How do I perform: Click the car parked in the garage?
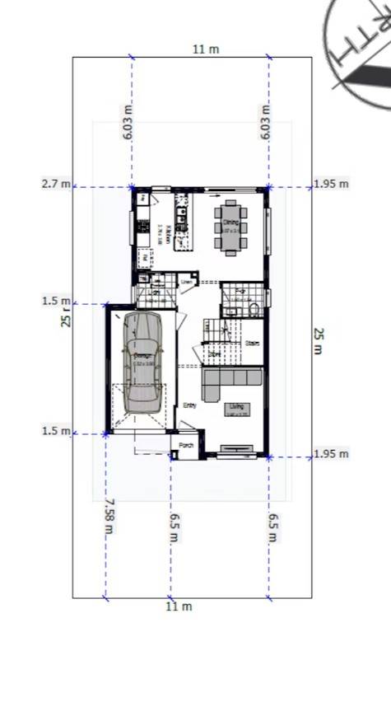pyautogui.click(x=143, y=363)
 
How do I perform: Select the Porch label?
pyautogui.click(x=186, y=445)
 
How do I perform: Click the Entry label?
pyautogui.click(x=190, y=405)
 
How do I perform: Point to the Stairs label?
pyautogui.click(x=252, y=344)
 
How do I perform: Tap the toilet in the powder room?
pyautogui.click(x=254, y=309)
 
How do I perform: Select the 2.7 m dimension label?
pyautogui.click(x=56, y=184)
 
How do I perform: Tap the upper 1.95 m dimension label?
pyautogui.click(x=331, y=184)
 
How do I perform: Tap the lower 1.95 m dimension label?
pyautogui.click(x=331, y=454)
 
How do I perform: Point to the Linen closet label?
pyautogui.click(x=188, y=283)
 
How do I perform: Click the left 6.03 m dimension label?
pyautogui.click(x=127, y=121)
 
